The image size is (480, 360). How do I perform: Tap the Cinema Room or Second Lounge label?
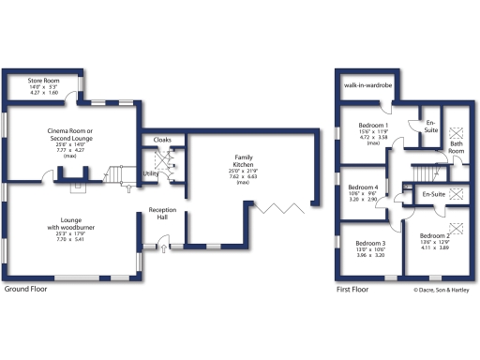point(72,135)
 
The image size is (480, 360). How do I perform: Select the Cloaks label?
point(161,139)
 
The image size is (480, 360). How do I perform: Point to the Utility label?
point(150,173)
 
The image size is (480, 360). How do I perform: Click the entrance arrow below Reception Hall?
point(164,249)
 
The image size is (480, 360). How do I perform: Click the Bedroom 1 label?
point(374,126)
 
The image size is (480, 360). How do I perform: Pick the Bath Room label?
point(456,147)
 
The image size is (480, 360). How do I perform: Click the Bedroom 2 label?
point(435,235)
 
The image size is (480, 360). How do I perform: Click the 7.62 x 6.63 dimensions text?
point(244,176)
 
